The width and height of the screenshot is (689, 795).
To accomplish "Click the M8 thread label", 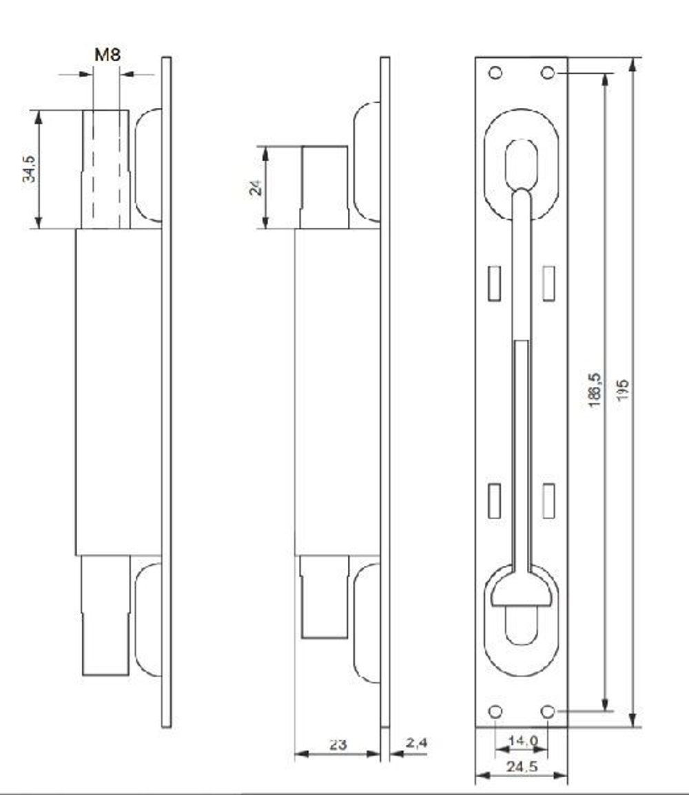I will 107,55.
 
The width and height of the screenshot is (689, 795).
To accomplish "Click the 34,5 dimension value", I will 29,169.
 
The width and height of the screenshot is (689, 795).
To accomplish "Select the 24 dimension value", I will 256,187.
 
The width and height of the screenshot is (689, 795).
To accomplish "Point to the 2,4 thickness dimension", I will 416,743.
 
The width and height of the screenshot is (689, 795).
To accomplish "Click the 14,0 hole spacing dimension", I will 522,741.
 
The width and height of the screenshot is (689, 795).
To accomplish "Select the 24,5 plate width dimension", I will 522,766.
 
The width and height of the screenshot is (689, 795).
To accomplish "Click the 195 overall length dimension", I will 623,391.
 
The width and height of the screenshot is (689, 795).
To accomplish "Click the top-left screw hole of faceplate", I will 495,72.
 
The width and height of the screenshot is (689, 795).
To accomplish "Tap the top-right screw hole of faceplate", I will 547,72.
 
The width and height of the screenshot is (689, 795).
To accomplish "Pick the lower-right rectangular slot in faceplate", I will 548,500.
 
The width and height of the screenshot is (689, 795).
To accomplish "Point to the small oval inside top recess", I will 522,162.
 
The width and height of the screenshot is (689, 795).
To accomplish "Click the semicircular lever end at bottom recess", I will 522,593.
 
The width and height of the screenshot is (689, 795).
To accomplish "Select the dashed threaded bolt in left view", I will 106,169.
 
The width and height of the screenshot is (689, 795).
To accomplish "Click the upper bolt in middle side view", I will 323,187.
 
